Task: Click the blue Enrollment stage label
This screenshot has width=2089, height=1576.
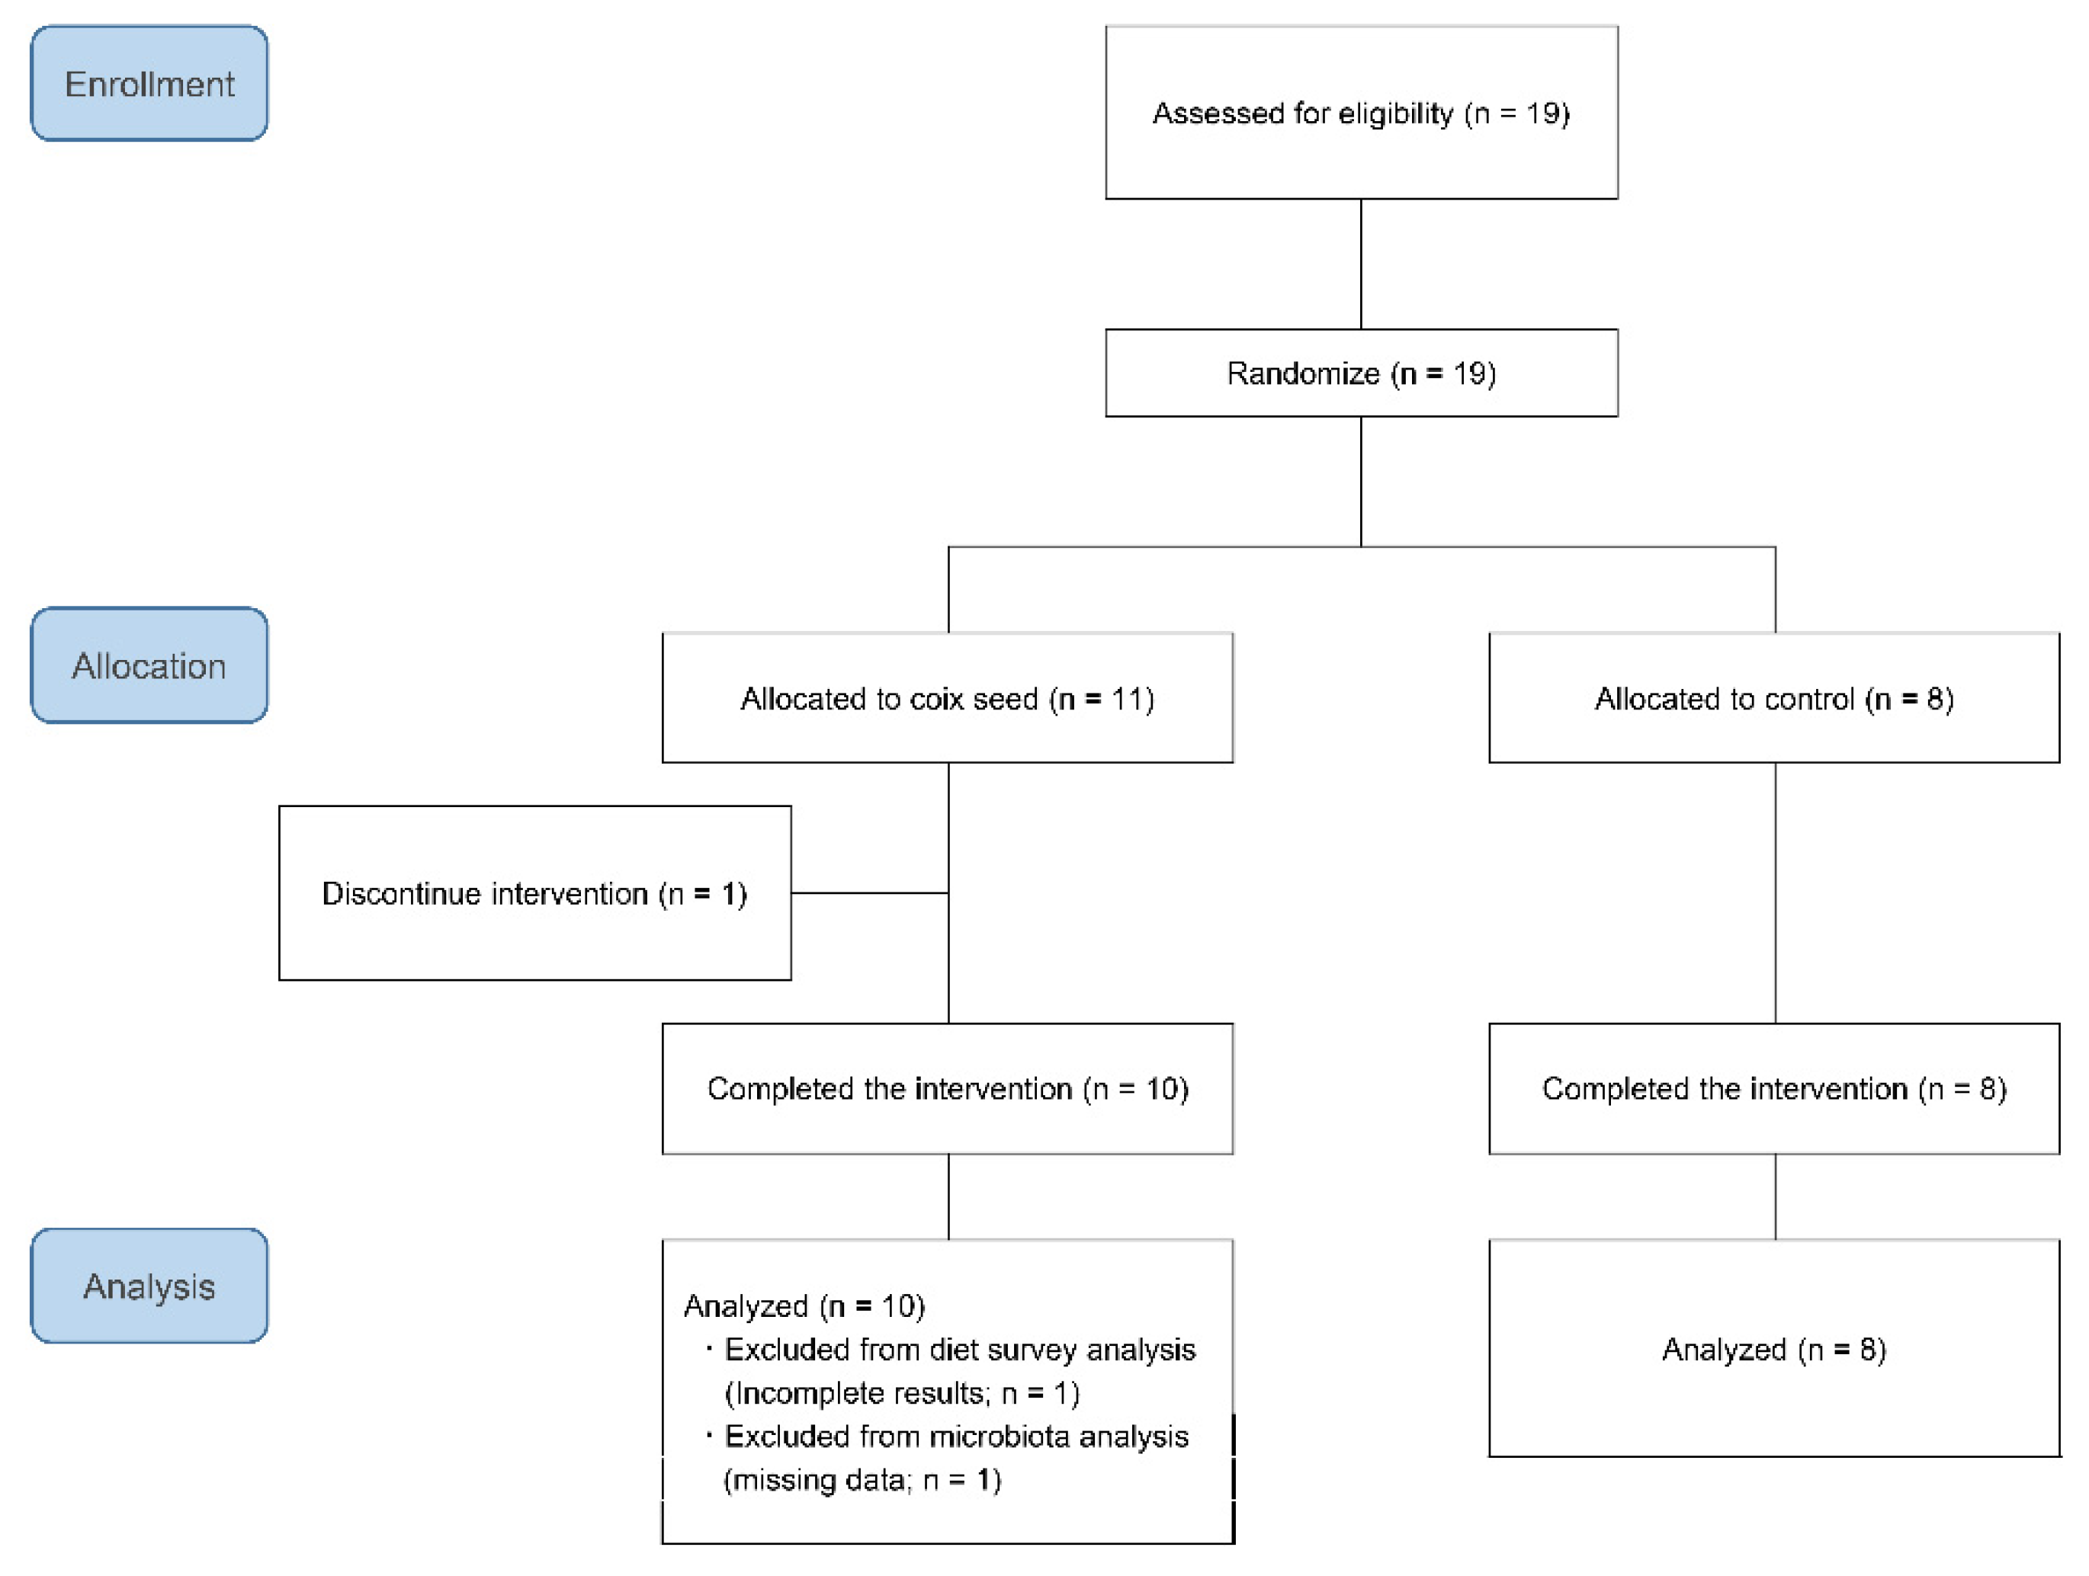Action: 149,84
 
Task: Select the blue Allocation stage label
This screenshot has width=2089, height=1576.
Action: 149,666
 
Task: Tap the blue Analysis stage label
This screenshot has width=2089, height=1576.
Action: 149,1286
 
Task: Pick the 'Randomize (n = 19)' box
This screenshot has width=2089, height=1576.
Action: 1361,373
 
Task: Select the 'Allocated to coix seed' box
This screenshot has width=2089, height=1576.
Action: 947,699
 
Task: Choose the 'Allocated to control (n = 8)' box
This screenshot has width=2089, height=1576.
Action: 1773,699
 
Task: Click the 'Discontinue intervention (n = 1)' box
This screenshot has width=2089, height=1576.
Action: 534,893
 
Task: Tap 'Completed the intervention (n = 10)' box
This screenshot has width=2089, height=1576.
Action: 947,1089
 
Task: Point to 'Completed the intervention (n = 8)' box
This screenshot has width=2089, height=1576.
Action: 1773,1089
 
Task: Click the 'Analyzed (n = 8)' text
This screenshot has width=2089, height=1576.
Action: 1773,1350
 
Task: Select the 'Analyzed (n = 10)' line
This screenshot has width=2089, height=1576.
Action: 804,1306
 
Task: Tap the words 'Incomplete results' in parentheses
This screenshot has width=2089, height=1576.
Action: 859,1394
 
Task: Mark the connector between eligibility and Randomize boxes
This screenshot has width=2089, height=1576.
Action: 1361,264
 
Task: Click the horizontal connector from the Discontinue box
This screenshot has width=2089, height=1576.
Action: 869,892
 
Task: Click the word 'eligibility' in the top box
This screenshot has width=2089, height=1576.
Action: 1396,114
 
